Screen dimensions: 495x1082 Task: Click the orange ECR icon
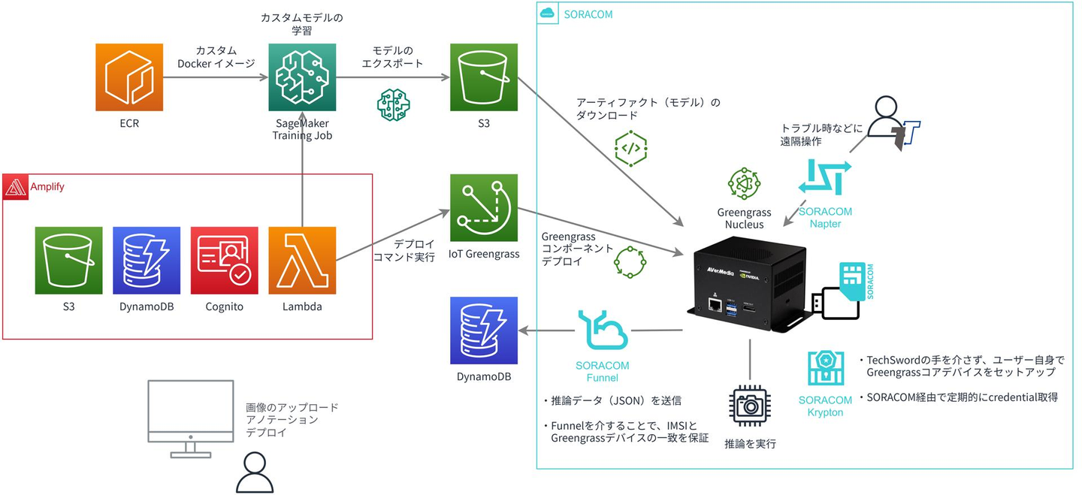[129, 77]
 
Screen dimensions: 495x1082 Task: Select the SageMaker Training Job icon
[302, 77]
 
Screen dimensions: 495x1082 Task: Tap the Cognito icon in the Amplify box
[224, 260]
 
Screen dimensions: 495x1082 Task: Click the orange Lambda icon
[302, 260]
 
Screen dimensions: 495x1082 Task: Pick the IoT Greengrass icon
[485, 207]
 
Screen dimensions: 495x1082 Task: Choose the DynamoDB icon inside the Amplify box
[147, 260]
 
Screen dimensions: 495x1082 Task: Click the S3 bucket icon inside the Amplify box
[68, 260]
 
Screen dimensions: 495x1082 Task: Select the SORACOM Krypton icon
[825, 369]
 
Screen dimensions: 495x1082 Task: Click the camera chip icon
[750, 406]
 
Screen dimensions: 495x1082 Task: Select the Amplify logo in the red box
[15, 186]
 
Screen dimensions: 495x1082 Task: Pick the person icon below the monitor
[255, 473]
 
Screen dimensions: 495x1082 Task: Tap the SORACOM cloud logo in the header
[548, 14]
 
